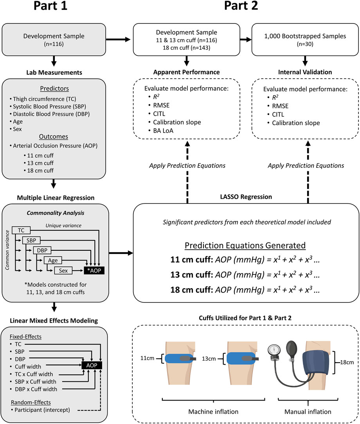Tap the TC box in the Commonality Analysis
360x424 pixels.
point(20,230)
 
